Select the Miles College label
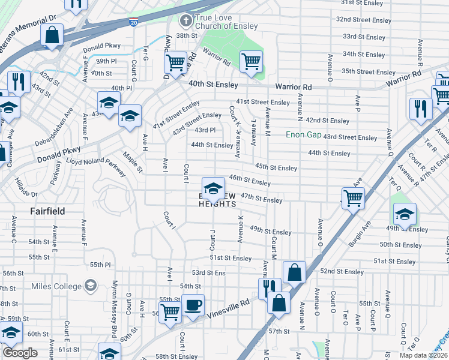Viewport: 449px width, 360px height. pyautogui.click(x=58, y=286)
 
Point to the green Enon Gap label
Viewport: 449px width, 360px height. pyautogui.click(x=303, y=134)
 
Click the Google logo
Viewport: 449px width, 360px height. pyautogui.click(x=20, y=352)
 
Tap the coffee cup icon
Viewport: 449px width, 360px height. pyautogui.click(x=193, y=305)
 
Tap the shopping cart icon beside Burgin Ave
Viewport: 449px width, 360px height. pyautogui.click(x=353, y=197)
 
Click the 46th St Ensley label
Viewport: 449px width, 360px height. pyautogui.click(x=250, y=179)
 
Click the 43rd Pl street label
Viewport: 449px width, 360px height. pyautogui.click(x=205, y=130)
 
